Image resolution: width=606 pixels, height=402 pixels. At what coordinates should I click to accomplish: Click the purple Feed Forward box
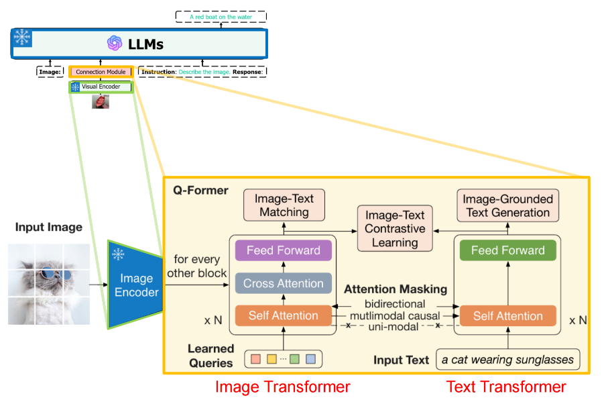pyautogui.click(x=284, y=250)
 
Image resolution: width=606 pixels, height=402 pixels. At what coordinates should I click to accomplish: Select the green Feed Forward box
pyautogui.click(x=507, y=250)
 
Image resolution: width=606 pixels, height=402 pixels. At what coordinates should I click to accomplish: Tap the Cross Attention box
pyautogui.click(x=284, y=283)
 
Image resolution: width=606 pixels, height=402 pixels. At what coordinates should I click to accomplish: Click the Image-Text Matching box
pyautogui.click(x=284, y=205)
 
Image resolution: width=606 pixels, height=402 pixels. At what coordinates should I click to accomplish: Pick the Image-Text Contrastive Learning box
pyautogui.click(x=395, y=228)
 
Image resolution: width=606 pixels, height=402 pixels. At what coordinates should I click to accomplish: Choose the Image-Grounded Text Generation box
pyautogui.click(x=507, y=205)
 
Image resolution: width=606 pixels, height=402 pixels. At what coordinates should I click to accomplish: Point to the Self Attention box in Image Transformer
pyautogui.click(x=284, y=315)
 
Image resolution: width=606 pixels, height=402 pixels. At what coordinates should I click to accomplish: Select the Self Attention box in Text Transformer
pyautogui.click(x=507, y=315)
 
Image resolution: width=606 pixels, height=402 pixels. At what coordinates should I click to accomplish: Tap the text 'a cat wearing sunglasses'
pyautogui.click(x=508, y=359)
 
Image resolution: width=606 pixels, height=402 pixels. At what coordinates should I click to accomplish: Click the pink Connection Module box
pyautogui.click(x=101, y=71)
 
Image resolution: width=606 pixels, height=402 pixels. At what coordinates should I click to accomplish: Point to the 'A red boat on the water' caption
pyautogui.click(x=221, y=17)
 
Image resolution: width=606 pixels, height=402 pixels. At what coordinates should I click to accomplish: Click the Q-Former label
pyautogui.click(x=200, y=191)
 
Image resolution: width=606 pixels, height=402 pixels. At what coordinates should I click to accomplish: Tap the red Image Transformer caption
pyautogui.click(x=282, y=387)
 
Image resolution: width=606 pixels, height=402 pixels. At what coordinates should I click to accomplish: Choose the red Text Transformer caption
pyautogui.click(x=506, y=387)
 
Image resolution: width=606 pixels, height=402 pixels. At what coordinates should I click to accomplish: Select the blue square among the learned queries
pyautogui.click(x=310, y=359)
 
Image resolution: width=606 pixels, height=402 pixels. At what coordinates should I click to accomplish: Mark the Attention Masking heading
pyautogui.click(x=396, y=290)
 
